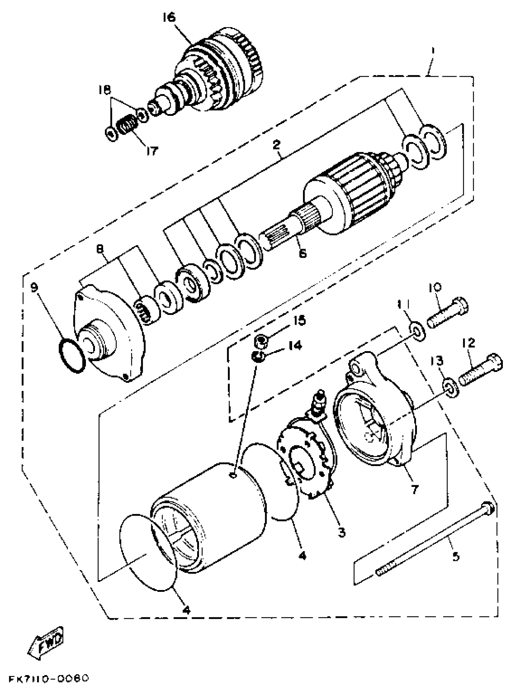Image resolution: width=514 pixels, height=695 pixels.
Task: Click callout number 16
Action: pyautogui.click(x=169, y=18)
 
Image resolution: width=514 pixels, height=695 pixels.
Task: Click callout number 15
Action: pyautogui.click(x=301, y=321)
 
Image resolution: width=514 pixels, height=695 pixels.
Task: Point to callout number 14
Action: pyautogui.click(x=295, y=345)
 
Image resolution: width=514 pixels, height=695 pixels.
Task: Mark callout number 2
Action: pyautogui.click(x=276, y=145)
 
